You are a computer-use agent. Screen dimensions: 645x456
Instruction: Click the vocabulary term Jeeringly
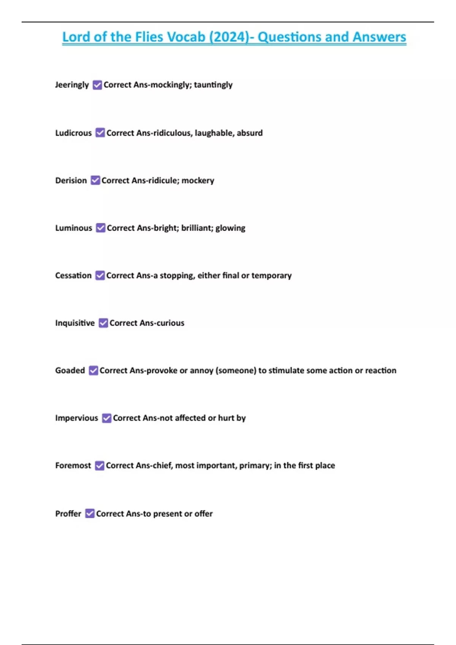click(72, 85)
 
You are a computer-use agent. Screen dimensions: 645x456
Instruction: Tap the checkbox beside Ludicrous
click(100, 132)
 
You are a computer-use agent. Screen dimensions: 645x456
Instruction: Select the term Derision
click(71, 180)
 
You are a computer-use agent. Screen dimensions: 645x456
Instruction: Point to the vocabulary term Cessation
click(73, 275)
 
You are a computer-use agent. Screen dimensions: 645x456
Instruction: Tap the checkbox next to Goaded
click(93, 370)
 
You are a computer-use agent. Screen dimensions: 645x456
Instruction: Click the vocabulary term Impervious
click(76, 418)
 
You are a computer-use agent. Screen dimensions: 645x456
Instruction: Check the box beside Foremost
click(100, 466)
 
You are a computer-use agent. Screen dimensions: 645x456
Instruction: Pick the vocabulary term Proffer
click(68, 513)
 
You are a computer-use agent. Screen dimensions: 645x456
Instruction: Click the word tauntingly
click(213, 85)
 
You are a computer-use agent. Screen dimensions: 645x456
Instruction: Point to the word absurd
click(250, 133)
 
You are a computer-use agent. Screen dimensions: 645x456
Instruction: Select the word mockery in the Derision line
click(198, 180)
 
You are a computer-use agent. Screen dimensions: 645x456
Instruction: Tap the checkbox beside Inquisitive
click(103, 323)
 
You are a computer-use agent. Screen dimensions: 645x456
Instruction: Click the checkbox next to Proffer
click(90, 513)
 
